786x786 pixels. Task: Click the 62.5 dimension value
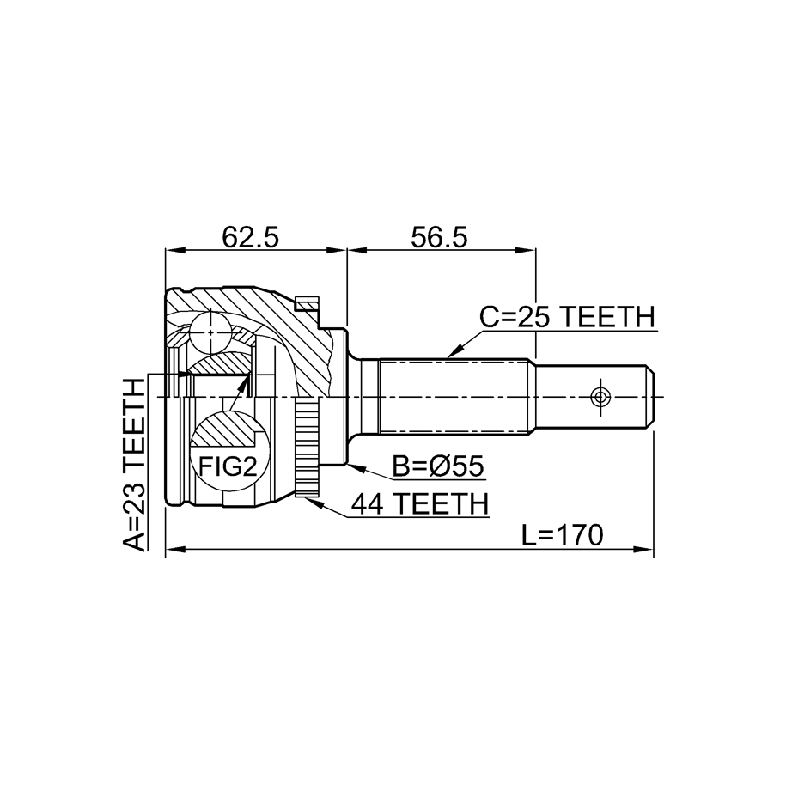[250, 238]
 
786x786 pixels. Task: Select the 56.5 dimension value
[439, 238]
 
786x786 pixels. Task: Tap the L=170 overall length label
[562, 535]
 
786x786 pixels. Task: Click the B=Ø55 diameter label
[438, 466]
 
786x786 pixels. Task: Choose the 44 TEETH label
[419, 503]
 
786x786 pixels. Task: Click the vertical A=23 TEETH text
[134, 464]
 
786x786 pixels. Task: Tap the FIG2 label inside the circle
[228, 466]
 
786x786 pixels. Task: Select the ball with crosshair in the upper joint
[211, 332]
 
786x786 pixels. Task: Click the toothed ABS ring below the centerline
[307, 447]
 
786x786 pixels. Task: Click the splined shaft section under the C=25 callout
[454, 397]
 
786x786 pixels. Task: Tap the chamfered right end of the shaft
[649, 397]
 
